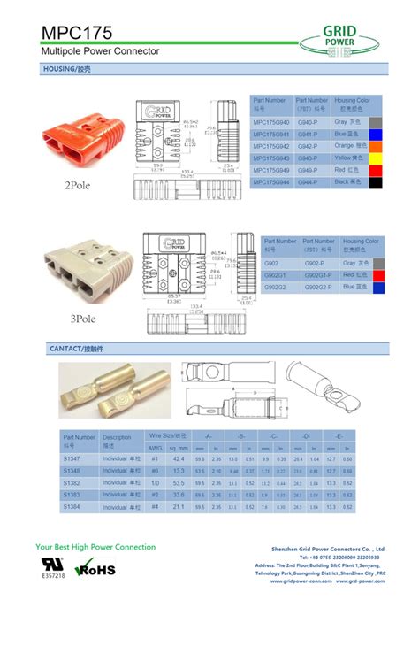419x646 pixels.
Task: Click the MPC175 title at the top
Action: pyautogui.click(x=77, y=33)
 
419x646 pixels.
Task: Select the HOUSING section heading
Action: pyautogui.click(x=66, y=68)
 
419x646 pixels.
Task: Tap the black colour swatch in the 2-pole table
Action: pyautogui.click(x=376, y=181)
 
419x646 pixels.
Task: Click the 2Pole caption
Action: pyautogui.click(x=77, y=186)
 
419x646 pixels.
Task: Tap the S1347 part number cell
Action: pyautogui.click(x=72, y=459)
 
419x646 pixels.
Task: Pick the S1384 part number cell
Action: pyautogui.click(x=72, y=507)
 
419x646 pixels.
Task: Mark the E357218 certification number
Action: pyautogui.click(x=54, y=576)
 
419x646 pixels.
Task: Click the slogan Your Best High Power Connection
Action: pyautogui.click(x=95, y=547)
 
